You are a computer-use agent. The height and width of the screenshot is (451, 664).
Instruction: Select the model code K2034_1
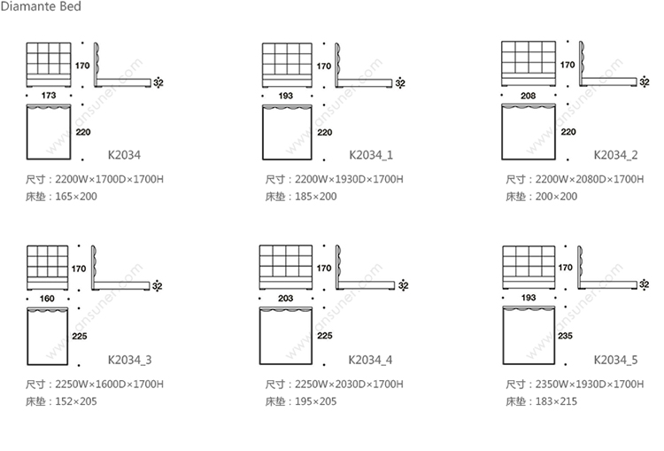(371, 153)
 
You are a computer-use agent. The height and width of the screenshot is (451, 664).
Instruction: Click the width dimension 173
(49, 94)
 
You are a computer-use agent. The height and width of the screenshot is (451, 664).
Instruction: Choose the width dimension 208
(529, 94)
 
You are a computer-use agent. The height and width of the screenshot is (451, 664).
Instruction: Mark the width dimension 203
(285, 299)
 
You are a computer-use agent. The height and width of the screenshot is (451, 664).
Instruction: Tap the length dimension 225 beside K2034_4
(324, 337)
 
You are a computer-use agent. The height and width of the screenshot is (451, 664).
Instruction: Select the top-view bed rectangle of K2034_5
(529, 336)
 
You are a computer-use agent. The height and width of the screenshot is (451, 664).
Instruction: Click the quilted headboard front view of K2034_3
(49, 267)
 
